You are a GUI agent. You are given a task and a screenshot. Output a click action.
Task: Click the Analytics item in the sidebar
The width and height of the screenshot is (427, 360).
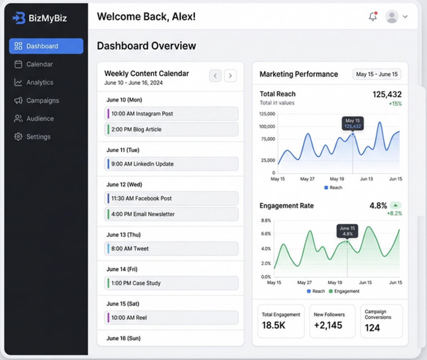point(34,82)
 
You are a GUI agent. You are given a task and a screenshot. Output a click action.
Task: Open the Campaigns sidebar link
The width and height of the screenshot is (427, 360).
point(36,100)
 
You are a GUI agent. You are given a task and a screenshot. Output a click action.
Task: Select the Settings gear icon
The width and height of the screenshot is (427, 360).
point(18,137)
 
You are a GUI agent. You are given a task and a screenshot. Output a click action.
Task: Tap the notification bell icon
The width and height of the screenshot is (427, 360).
point(373,16)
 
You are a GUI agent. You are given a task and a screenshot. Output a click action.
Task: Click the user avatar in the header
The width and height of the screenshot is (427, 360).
point(392,17)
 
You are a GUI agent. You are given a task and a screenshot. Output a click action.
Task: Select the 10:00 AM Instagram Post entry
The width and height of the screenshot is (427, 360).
point(171,114)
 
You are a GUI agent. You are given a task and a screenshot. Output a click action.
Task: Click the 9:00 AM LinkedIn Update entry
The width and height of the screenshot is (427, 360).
point(171,164)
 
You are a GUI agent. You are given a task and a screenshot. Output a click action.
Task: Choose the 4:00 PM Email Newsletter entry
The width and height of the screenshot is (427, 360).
point(171,214)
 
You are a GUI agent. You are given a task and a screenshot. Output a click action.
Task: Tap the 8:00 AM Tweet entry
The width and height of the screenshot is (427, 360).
point(171,249)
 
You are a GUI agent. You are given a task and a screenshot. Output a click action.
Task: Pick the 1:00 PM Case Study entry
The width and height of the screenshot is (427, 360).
point(171,283)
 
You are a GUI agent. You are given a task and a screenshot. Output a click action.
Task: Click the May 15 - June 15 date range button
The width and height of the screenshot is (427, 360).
point(377,74)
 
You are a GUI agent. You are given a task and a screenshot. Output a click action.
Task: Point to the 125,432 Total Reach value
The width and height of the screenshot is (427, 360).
point(387,95)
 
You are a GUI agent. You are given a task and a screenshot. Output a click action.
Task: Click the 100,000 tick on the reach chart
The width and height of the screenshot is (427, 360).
point(267,126)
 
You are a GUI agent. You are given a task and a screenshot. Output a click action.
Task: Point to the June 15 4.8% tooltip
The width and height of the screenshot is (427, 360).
point(347,231)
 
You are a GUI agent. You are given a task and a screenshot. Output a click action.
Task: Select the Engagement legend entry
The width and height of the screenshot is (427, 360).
point(344,291)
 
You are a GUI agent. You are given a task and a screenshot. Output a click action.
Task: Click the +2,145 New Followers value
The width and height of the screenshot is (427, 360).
point(328,325)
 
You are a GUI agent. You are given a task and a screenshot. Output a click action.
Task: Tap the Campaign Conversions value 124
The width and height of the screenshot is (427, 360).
point(372,328)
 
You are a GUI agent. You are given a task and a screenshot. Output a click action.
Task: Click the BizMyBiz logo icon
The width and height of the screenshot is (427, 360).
point(19,18)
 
